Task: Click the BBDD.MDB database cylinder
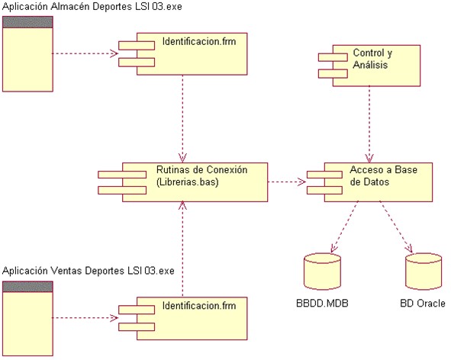point(323,272)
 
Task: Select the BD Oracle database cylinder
point(424,272)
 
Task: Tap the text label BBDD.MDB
point(322,303)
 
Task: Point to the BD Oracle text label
point(423,303)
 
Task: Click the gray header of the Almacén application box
point(27,22)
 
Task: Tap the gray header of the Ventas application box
point(27,287)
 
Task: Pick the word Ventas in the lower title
point(66,271)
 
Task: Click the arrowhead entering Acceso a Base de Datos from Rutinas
point(302,182)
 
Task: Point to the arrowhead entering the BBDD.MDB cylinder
point(333,249)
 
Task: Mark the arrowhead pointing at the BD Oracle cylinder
point(409,249)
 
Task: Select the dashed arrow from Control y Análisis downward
point(369,124)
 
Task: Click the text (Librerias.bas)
point(187,182)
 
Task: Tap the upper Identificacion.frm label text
point(199,41)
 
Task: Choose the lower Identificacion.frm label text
point(199,305)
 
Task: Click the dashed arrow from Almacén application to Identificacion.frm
point(85,53)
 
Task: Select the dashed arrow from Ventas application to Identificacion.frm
point(85,318)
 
